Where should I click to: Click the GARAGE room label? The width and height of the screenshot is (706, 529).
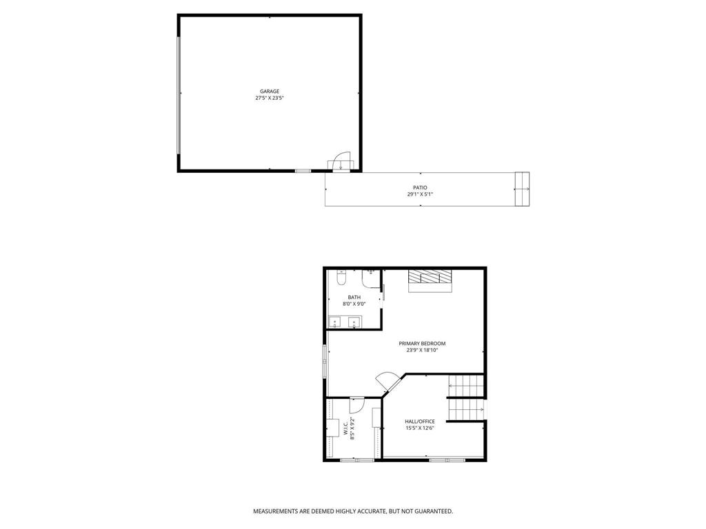269,91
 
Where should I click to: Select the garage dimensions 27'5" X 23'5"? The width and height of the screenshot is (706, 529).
269,98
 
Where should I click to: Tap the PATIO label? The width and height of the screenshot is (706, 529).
420,187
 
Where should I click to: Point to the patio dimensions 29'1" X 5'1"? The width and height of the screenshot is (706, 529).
420,194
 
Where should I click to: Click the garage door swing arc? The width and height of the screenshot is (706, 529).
341,160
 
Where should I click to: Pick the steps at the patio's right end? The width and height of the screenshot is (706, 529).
523,188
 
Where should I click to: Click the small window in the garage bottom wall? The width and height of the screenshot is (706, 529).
303,170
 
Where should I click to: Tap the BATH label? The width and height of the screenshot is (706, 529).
354,297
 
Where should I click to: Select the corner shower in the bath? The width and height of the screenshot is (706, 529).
372,278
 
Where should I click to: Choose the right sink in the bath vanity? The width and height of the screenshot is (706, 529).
354,322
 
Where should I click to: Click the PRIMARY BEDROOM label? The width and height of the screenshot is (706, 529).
422,343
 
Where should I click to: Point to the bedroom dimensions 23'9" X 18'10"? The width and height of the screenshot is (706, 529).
422,350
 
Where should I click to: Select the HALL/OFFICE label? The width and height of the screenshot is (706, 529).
419,421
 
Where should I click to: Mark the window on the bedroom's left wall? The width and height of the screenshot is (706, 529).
325,360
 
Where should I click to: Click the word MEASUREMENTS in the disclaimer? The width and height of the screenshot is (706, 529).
274,511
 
